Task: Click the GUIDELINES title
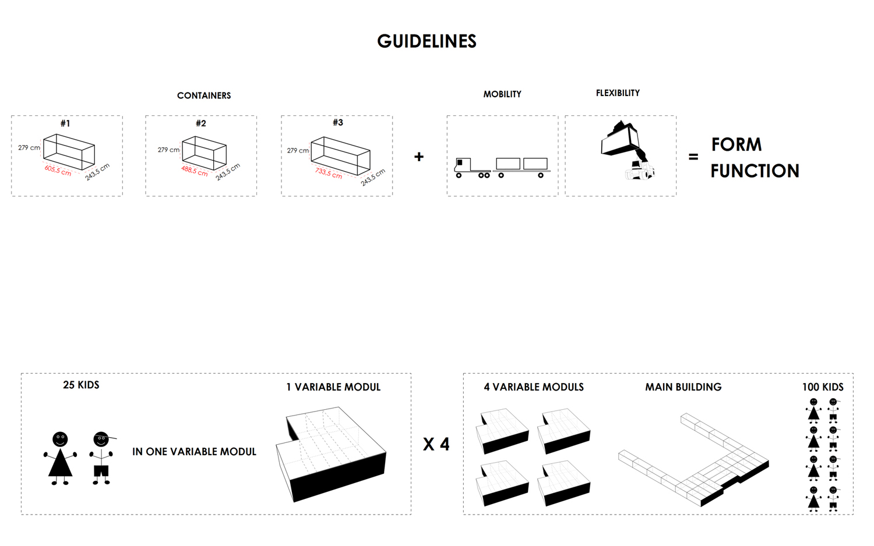pyautogui.click(x=427, y=41)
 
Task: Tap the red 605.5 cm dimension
pyautogui.click(x=58, y=171)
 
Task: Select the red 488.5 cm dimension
pyautogui.click(x=194, y=171)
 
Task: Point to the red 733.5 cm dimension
pyautogui.click(x=329, y=173)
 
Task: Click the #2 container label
pyautogui.click(x=200, y=123)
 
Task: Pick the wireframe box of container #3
pyautogui.click(x=340, y=155)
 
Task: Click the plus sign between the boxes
pyautogui.click(x=419, y=157)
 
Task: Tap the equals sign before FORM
pyautogui.click(x=693, y=157)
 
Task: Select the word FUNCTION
pyautogui.click(x=755, y=171)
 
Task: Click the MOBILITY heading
pyautogui.click(x=502, y=94)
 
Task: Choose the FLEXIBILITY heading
pyautogui.click(x=618, y=93)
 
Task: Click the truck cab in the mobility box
pyautogui.click(x=463, y=166)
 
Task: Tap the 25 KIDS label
pyautogui.click(x=81, y=385)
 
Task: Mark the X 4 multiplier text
pyautogui.click(x=436, y=445)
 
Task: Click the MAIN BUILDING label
pyautogui.click(x=683, y=387)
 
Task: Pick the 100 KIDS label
pyautogui.click(x=823, y=387)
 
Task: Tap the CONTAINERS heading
pyautogui.click(x=204, y=96)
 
